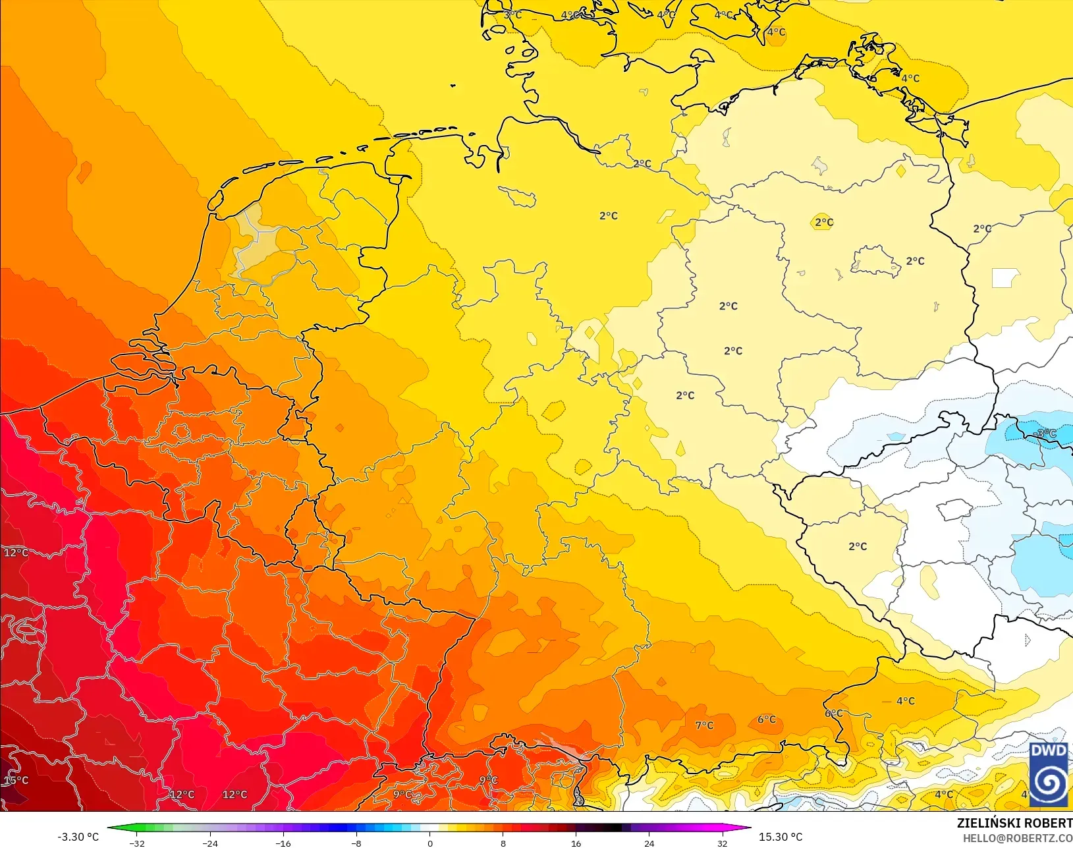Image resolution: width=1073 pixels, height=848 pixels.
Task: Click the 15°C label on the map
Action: (x=16, y=780)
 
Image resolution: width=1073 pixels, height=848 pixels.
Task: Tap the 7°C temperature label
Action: (x=704, y=725)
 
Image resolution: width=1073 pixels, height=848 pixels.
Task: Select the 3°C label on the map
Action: (x=512, y=14)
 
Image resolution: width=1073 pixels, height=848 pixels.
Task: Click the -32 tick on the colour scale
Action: (x=137, y=843)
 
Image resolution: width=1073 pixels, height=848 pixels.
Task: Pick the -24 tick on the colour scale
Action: (x=210, y=843)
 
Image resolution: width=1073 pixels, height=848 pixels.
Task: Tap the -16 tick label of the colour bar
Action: (x=283, y=843)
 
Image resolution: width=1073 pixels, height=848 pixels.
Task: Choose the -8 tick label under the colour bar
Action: (x=356, y=843)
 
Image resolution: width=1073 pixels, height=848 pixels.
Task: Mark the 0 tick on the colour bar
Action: (x=430, y=843)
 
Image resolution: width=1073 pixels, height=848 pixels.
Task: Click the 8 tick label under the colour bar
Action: (x=503, y=843)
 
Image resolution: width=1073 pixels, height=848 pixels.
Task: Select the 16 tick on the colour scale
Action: (x=576, y=843)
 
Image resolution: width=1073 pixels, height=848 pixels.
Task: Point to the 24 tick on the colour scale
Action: (x=649, y=843)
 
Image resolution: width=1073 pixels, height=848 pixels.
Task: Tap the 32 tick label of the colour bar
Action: (x=723, y=843)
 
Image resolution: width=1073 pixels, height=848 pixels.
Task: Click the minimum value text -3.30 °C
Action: (x=78, y=837)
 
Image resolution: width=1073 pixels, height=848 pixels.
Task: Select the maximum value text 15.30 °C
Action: (x=781, y=837)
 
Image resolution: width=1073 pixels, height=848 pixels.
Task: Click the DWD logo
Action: (x=1049, y=775)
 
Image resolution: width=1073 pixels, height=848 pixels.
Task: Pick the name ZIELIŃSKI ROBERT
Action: (x=1014, y=823)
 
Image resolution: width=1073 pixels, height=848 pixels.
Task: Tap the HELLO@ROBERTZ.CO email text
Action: (x=1018, y=838)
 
